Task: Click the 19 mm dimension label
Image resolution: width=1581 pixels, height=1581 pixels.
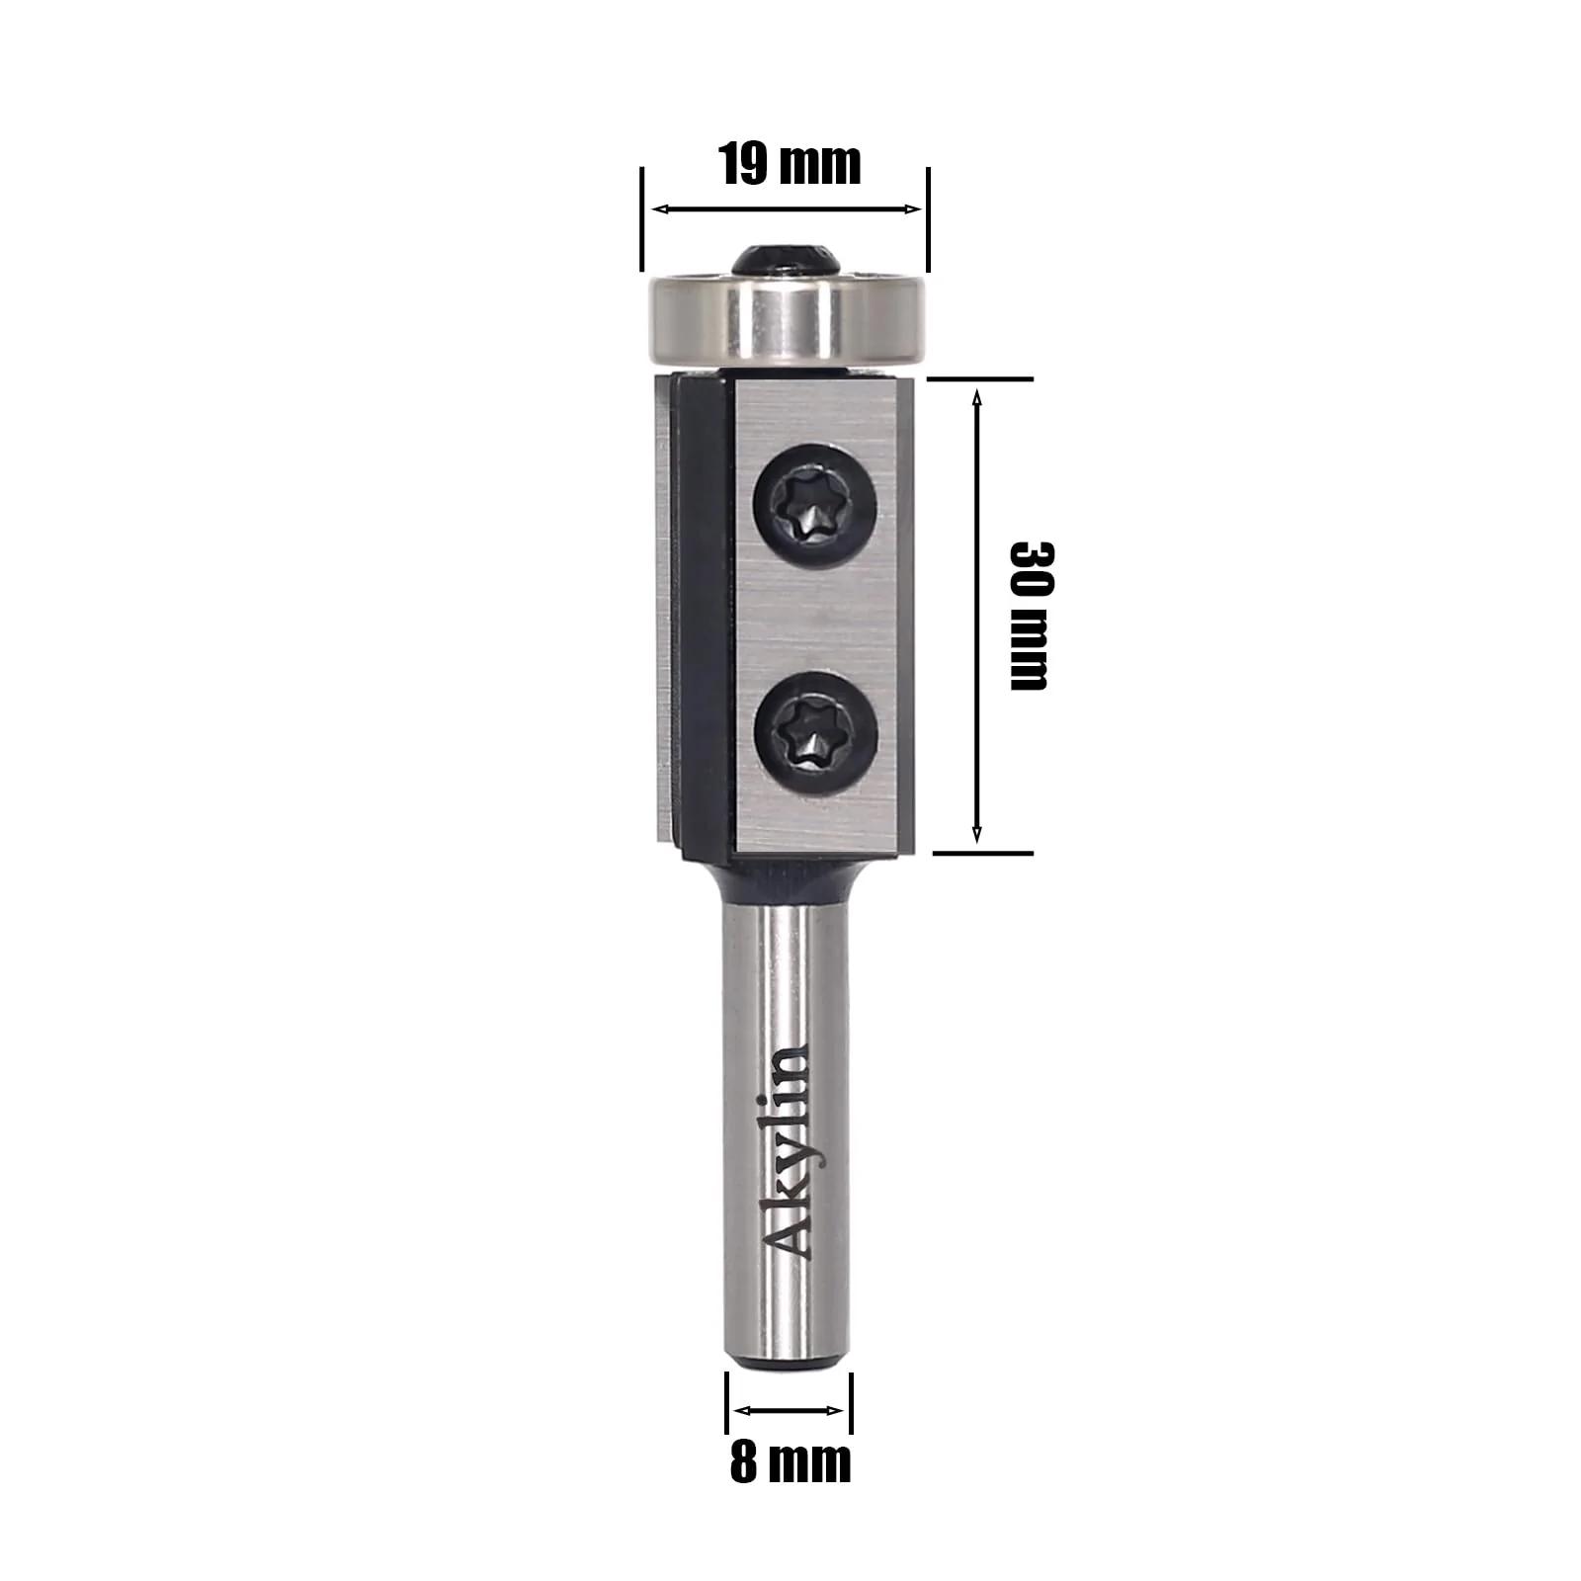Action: click(x=790, y=163)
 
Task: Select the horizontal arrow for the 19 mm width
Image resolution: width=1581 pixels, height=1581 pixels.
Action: click(x=787, y=209)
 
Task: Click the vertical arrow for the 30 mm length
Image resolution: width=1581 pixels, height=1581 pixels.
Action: click(x=977, y=617)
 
